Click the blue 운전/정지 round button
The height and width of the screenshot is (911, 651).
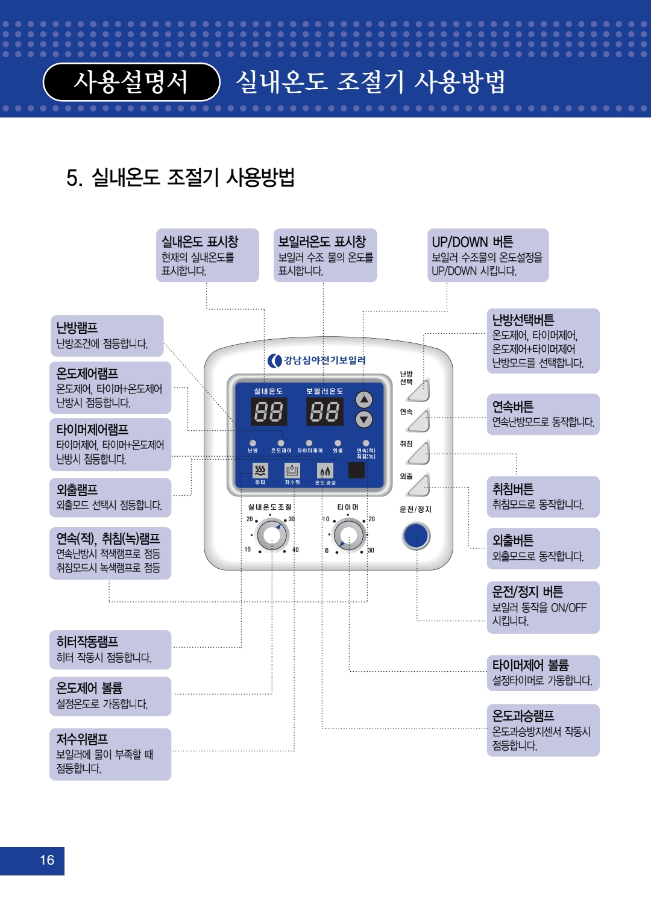[x=416, y=536]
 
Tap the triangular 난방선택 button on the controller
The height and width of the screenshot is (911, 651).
[x=419, y=391]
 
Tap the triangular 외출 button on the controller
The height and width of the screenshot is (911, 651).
[x=419, y=486]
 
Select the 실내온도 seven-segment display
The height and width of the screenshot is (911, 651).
[x=268, y=412]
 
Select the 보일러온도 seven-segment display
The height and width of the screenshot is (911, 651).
[x=325, y=412]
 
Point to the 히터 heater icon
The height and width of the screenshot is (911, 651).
[x=260, y=471]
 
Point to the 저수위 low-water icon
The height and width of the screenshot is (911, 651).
[x=292, y=471]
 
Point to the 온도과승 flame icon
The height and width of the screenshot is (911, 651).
[x=325, y=471]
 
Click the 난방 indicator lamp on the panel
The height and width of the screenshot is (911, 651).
[x=253, y=443]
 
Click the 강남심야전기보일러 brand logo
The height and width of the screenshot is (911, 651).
[x=316, y=360]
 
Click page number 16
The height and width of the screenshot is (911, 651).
[x=47, y=860]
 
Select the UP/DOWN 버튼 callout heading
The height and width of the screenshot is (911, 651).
[x=472, y=242]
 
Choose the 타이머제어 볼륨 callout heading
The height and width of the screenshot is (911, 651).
[x=530, y=665]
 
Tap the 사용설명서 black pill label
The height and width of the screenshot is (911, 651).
[x=131, y=82]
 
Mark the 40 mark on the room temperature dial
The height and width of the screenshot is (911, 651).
[x=295, y=550]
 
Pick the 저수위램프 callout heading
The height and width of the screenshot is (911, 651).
[x=82, y=739]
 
